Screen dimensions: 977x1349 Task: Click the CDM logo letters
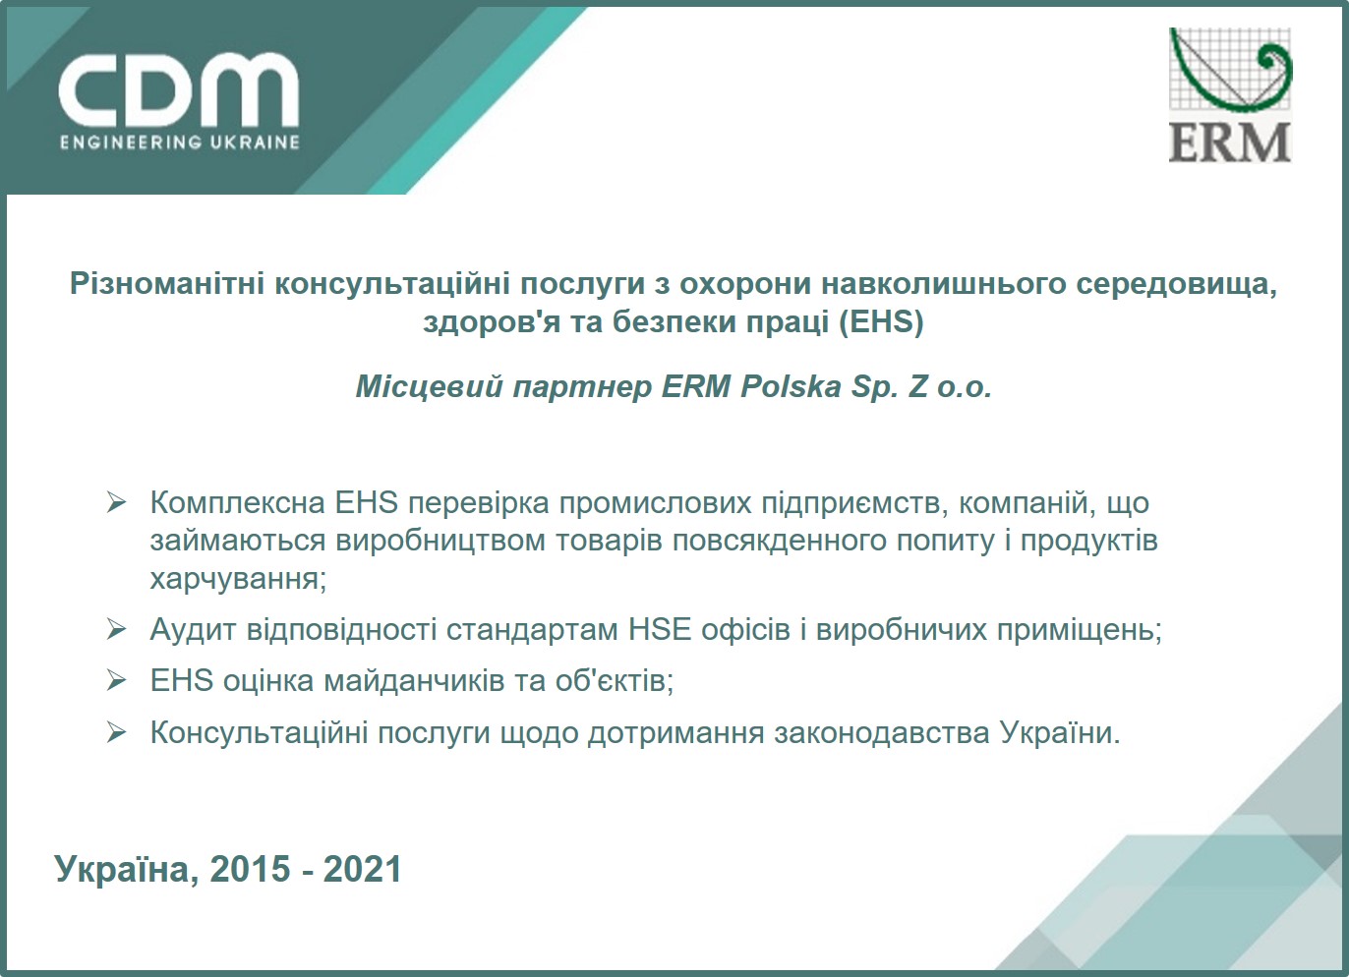(x=178, y=89)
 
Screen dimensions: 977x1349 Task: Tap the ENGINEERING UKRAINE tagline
(x=179, y=143)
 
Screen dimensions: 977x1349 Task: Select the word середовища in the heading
(x=1176, y=284)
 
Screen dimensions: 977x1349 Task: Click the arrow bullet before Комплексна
(x=117, y=503)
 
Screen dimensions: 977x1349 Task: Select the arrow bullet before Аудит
(x=117, y=629)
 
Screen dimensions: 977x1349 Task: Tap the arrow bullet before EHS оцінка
(x=117, y=680)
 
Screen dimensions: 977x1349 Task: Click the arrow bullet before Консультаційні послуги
(x=117, y=732)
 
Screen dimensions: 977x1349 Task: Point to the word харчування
(x=238, y=578)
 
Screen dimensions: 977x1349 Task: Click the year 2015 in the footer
(x=251, y=870)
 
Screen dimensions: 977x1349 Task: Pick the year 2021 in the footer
(x=363, y=870)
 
